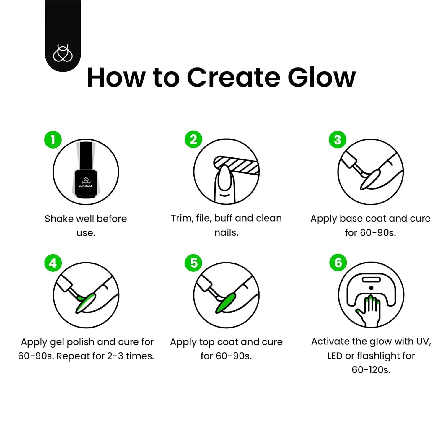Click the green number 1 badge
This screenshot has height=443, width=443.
click(53, 140)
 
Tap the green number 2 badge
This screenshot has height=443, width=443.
click(193, 139)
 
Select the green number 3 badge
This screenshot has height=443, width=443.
click(338, 140)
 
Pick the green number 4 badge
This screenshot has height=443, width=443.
click(53, 263)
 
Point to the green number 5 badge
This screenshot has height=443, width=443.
click(193, 263)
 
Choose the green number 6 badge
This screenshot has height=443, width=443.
click(338, 263)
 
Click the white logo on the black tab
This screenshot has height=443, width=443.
click(63, 53)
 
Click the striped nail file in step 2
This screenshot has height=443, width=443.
click(236, 165)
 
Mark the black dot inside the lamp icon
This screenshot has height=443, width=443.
click(371, 288)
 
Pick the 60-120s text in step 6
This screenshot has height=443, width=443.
click(371, 370)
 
